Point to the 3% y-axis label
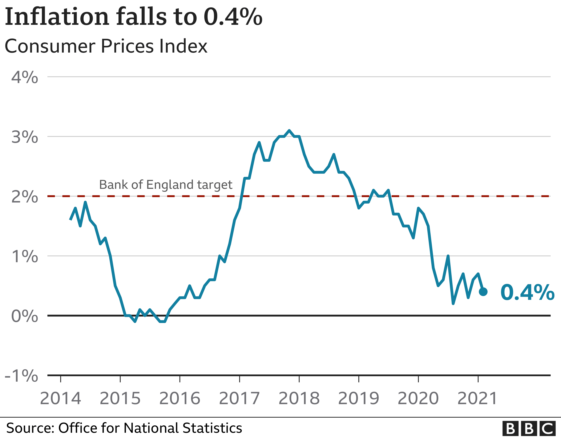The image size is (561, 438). [25, 137]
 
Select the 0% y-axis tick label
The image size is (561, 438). [25, 316]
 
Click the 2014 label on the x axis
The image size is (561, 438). [60, 398]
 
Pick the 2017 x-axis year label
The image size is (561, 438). [239, 398]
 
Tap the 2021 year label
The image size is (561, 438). [477, 398]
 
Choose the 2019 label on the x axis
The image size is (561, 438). [359, 398]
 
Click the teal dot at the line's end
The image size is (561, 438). [483, 292]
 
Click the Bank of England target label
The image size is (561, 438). [166, 185]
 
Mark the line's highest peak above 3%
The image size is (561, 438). [289, 130]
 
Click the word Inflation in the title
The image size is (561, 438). [57, 17]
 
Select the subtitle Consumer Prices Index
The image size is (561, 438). [106, 46]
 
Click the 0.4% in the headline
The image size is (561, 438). [233, 17]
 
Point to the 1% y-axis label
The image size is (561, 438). [25, 256]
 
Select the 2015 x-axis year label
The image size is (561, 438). [120, 398]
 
